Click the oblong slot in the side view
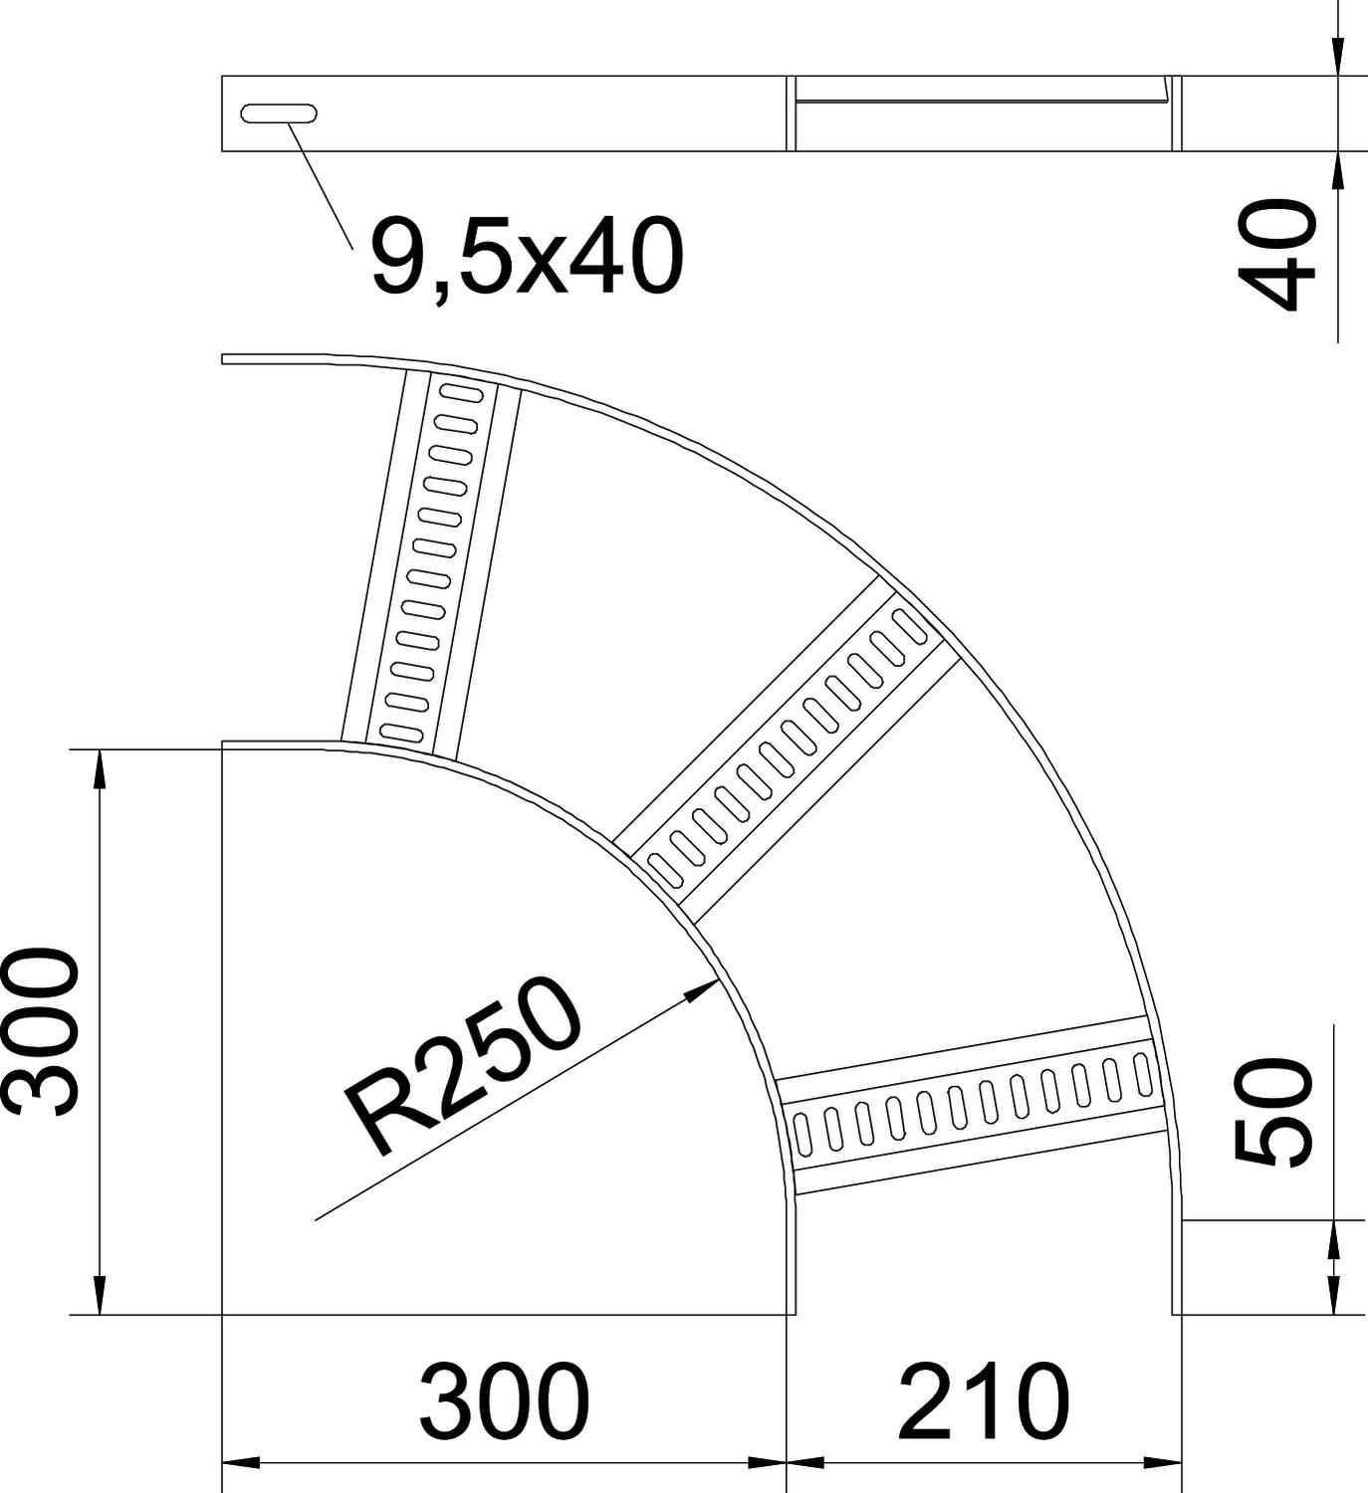pos(279,113)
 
